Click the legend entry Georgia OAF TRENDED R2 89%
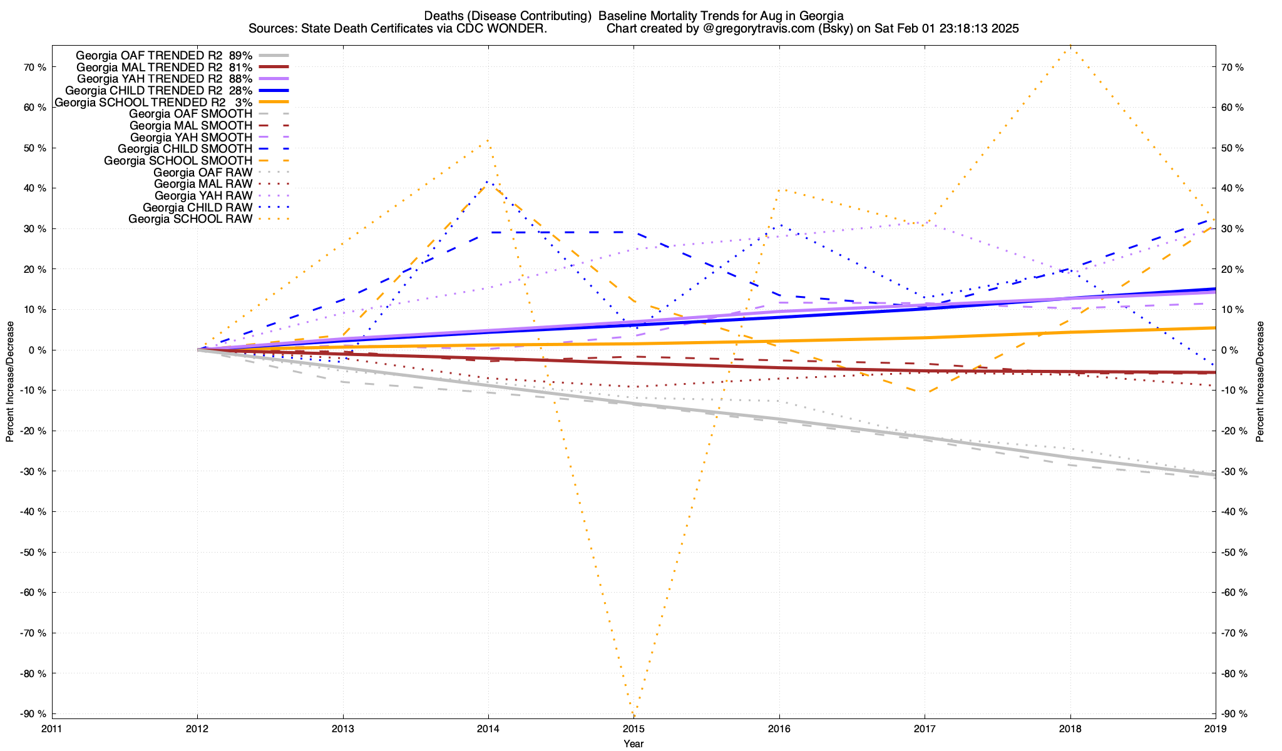(x=164, y=55)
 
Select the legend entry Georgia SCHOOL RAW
(x=190, y=219)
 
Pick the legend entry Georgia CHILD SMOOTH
(x=185, y=149)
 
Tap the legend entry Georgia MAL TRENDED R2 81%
(x=164, y=67)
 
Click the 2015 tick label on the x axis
(x=633, y=728)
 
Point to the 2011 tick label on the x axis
(x=52, y=728)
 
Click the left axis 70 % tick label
(x=34, y=67)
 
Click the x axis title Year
(x=633, y=743)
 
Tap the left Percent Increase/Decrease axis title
(x=10, y=382)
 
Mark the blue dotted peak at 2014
(x=488, y=182)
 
